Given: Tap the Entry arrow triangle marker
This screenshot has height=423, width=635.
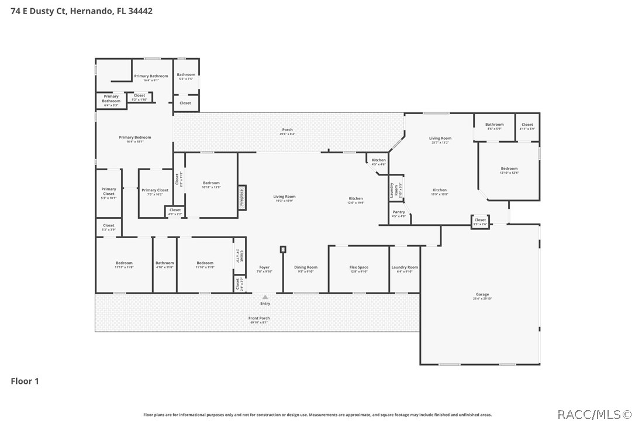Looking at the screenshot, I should click(x=265, y=297).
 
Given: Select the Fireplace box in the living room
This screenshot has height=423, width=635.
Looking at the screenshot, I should click(x=241, y=197).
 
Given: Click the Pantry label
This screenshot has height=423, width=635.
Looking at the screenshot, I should click(x=399, y=214).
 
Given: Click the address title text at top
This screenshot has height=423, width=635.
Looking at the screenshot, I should click(x=82, y=11).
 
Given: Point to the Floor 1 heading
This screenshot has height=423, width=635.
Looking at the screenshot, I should click(x=25, y=381).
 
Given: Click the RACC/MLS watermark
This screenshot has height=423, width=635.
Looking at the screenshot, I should click(x=593, y=414).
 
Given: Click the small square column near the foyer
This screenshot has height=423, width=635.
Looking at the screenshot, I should click(x=283, y=249).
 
